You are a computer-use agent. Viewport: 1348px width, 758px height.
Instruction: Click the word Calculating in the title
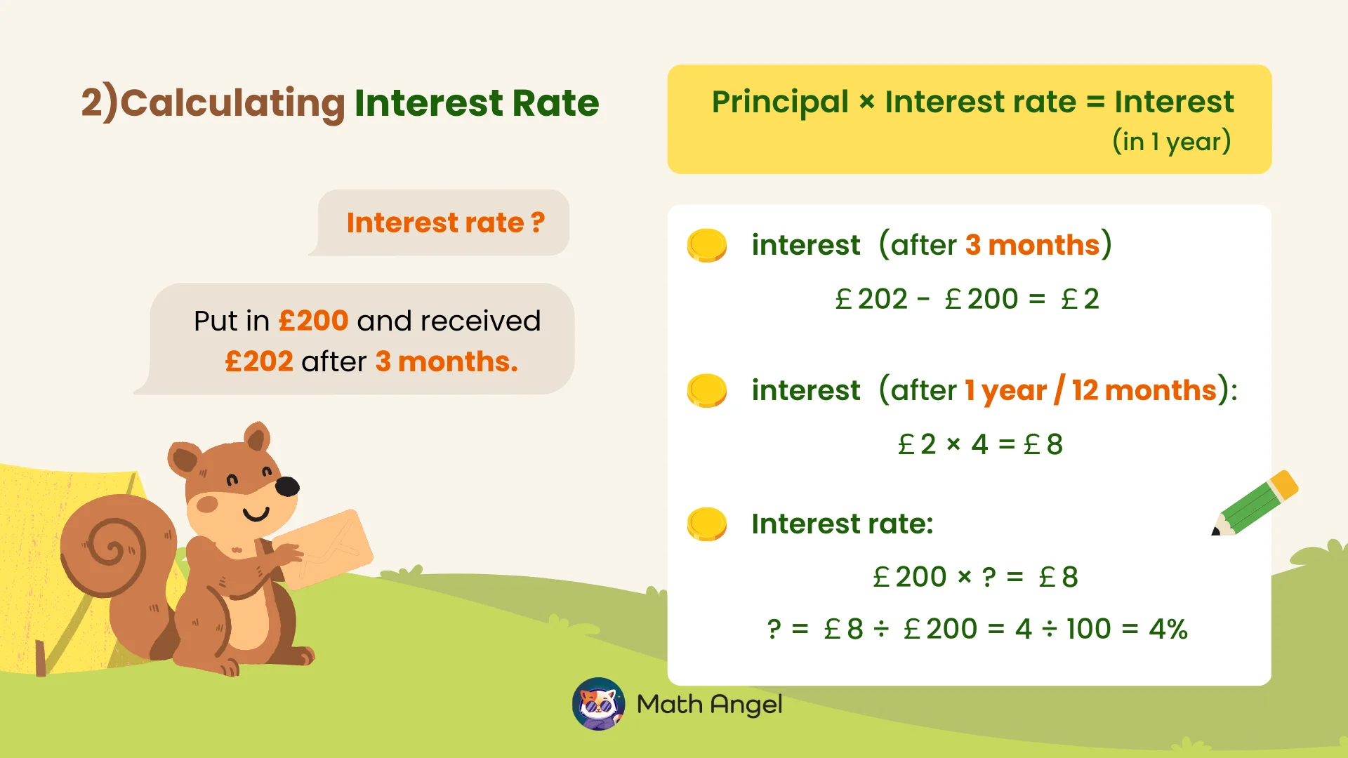tap(232, 103)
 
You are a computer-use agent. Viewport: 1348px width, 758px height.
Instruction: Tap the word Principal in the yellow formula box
tap(780, 102)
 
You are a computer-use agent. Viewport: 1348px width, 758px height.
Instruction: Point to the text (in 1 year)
tap(1171, 142)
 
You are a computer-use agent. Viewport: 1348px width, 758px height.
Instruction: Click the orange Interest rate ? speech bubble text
tap(445, 222)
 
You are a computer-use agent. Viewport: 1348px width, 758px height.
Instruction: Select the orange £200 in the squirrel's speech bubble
tap(313, 321)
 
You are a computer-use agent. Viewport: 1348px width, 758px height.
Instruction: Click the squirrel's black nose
tap(287, 486)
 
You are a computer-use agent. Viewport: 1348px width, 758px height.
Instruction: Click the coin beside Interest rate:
tap(706, 524)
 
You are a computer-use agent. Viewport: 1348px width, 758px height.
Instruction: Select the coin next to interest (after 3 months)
tap(706, 245)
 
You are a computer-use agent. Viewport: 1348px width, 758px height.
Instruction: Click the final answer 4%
tap(1168, 630)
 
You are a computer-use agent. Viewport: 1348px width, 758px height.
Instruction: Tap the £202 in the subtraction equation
tap(871, 300)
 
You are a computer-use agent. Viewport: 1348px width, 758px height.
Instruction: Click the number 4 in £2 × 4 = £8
tap(979, 444)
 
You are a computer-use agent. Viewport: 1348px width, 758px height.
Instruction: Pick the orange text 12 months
tap(1144, 390)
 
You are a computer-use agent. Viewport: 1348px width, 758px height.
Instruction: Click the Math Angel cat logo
tap(598, 704)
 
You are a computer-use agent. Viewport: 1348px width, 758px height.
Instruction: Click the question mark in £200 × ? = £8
tap(989, 578)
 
